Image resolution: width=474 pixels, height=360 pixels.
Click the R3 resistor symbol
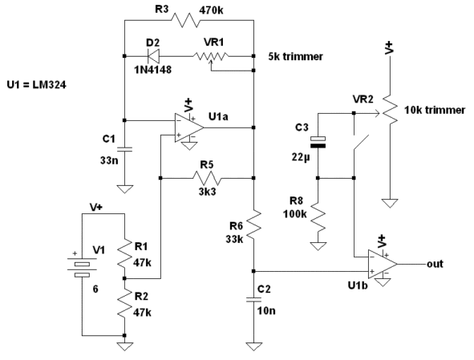tap(185, 20)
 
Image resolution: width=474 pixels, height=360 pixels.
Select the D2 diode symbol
tap(153, 56)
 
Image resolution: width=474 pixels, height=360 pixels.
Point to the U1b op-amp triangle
tap(383, 264)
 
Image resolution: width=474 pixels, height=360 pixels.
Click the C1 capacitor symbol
tap(124, 148)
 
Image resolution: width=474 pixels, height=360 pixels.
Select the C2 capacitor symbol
tap(253, 300)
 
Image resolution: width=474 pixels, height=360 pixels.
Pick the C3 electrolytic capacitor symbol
tap(318, 142)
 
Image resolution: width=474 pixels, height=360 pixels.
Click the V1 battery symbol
tap(83, 267)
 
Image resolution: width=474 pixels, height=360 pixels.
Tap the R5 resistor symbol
tap(207, 178)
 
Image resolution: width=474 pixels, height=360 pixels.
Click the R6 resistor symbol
tap(254, 224)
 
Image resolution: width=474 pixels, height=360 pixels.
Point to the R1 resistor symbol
tap(124, 253)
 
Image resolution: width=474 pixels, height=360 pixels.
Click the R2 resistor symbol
tap(124, 304)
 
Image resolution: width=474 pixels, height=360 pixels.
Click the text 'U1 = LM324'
tap(36, 85)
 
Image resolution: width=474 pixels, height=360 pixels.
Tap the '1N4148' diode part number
tap(153, 70)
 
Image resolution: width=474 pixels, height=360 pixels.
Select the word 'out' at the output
tap(435, 264)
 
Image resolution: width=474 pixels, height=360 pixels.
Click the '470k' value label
tap(211, 10)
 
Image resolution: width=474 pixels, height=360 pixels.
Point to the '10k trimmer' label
tap(435, 110)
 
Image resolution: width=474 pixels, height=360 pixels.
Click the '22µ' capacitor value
tap(301, 157)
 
